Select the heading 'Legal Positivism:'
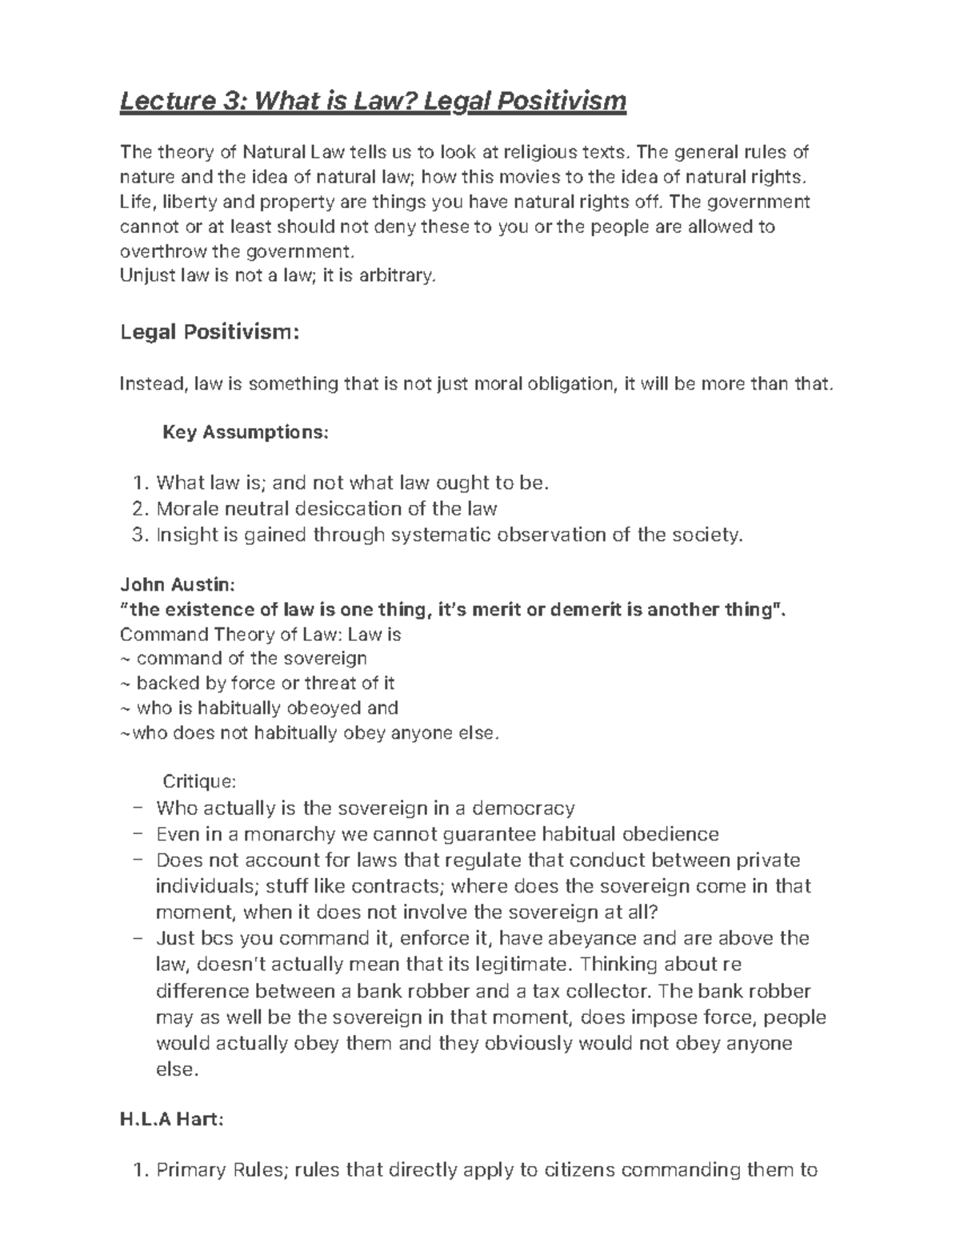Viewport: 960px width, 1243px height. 210,331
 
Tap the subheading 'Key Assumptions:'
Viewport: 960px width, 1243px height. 245,433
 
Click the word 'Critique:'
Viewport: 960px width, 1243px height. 199,780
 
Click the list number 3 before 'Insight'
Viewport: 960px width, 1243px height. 136,535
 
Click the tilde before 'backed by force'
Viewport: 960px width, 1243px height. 125,684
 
